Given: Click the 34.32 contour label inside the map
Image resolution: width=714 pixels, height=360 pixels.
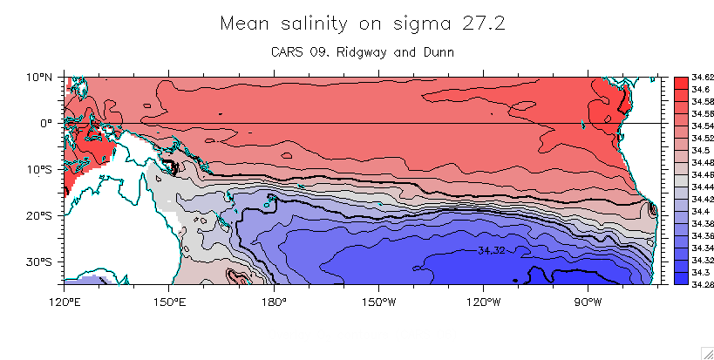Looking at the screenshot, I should coord(492,250).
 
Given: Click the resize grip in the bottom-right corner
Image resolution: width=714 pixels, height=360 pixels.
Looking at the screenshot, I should coord(707,352).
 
